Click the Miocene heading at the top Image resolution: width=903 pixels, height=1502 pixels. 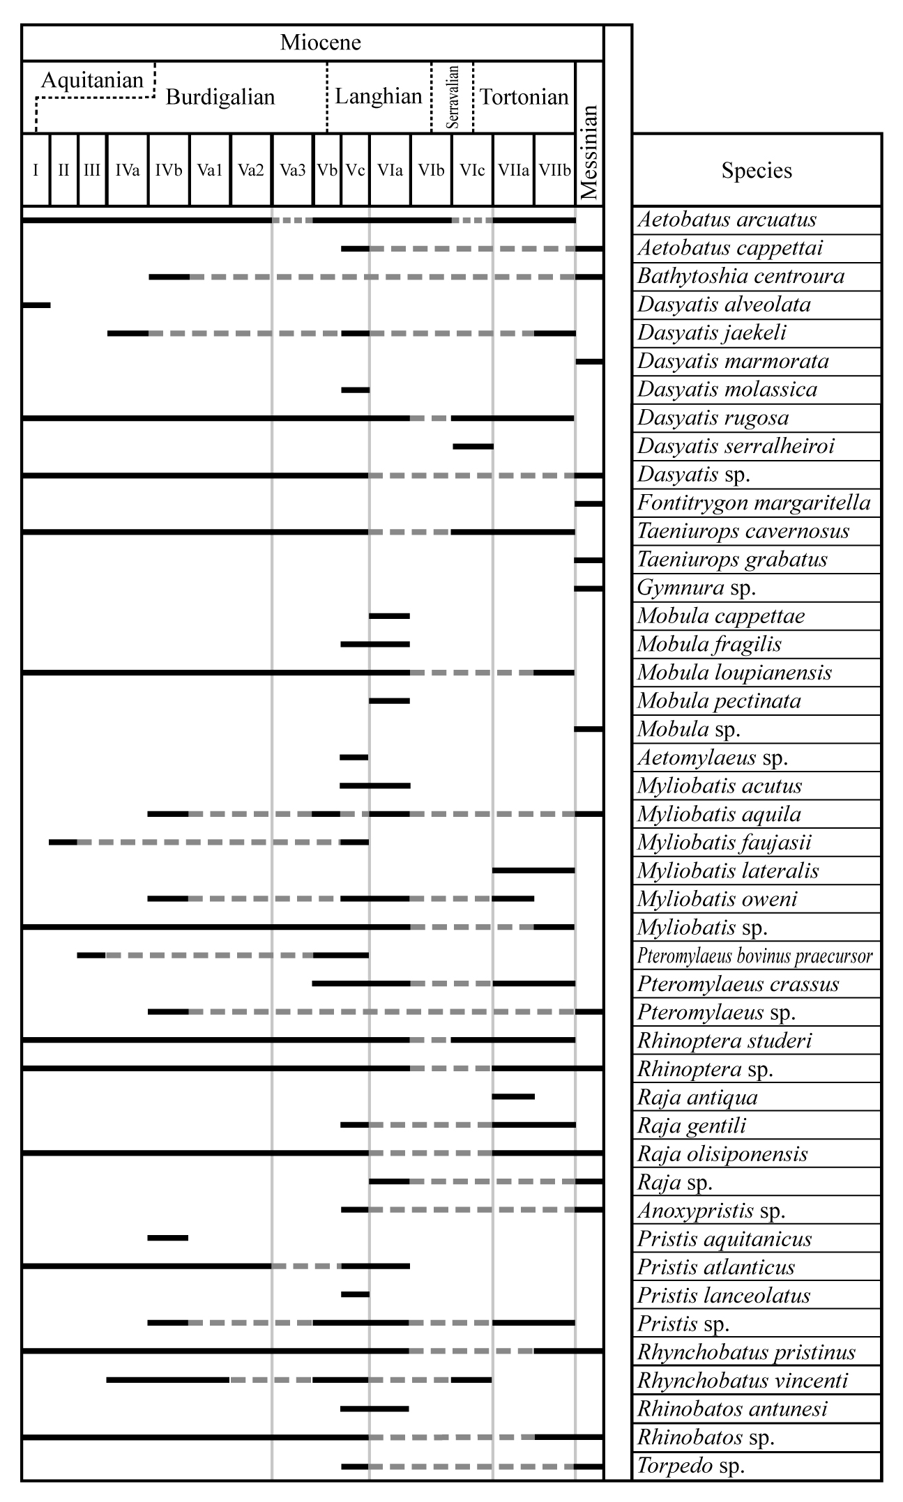321,43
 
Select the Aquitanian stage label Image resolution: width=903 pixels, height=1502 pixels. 92,80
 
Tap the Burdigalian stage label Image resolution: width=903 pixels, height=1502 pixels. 220,97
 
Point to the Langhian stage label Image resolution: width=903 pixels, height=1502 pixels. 379,96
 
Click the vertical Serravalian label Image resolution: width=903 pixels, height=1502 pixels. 453,97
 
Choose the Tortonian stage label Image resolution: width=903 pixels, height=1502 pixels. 524,97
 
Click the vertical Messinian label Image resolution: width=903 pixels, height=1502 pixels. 589,153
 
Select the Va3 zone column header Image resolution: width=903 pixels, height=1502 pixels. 293,171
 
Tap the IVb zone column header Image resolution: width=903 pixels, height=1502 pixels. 169,171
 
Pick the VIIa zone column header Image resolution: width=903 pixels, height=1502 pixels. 513,171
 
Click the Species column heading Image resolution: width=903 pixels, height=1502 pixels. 757,171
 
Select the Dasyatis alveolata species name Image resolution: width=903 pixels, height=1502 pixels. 724,305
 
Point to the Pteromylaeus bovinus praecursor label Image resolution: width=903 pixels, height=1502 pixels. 755,956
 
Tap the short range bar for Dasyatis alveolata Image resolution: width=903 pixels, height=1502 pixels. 36,305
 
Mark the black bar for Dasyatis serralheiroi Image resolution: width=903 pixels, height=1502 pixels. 473,446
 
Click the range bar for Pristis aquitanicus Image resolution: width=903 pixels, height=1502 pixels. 168,1238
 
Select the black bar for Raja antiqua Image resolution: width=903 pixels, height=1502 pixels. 513,1096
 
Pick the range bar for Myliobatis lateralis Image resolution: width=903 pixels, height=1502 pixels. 533,871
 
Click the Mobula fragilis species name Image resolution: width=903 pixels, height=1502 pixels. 709,644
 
